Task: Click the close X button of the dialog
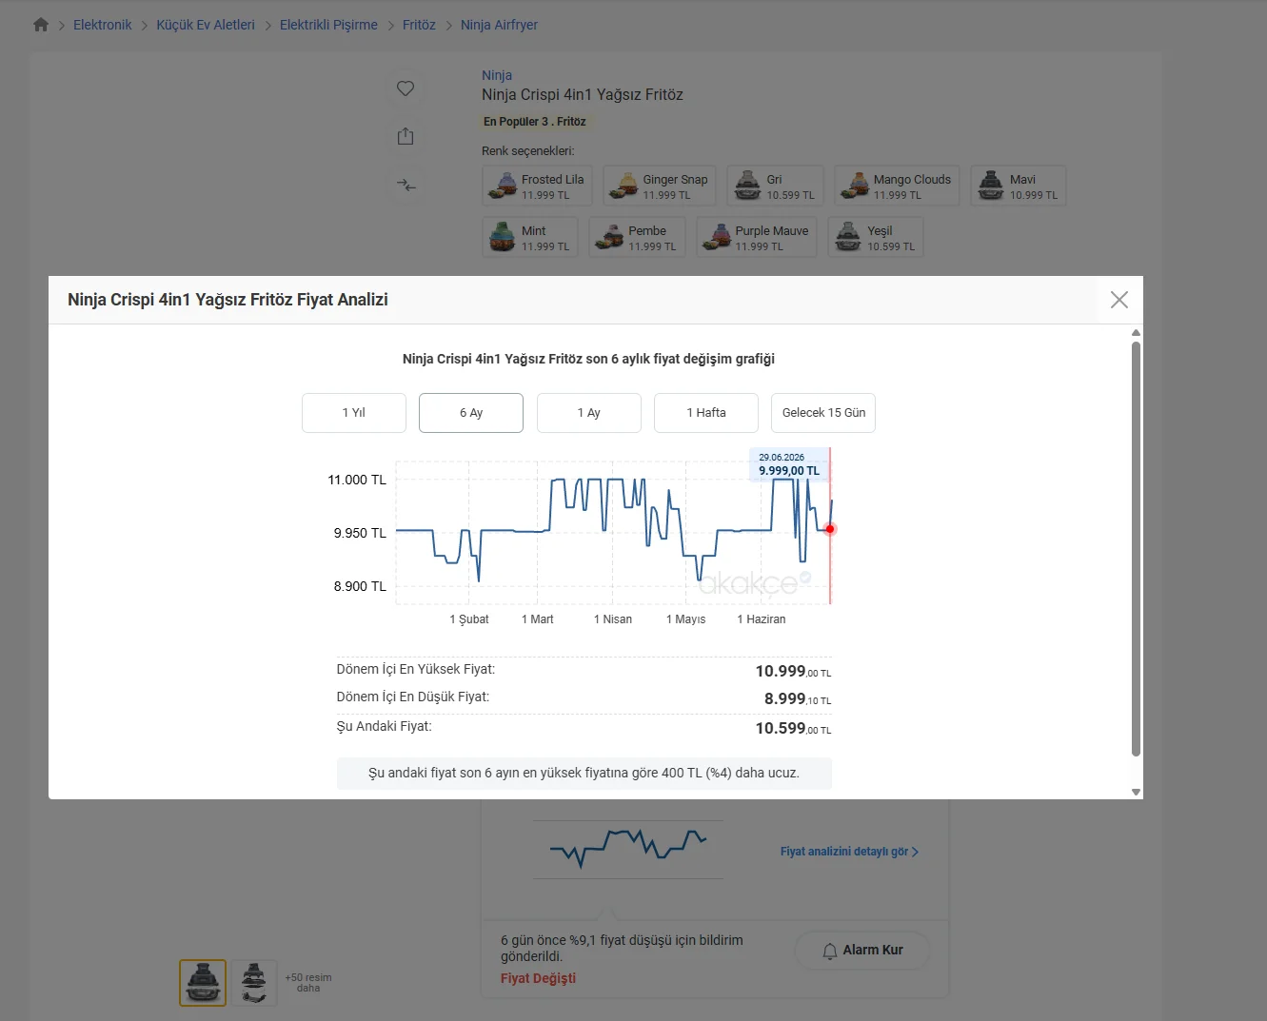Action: point(1119,300)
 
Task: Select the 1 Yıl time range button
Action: point(354,413)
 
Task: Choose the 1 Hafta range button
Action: point(706,413)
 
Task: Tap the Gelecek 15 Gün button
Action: point(823,413)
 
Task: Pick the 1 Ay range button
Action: point(588,413)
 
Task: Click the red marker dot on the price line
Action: point(829,529)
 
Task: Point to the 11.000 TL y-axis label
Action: point(357,480)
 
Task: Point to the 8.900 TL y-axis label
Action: point(360,586)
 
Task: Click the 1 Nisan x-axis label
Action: point(612,619)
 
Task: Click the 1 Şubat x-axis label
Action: point(468,619)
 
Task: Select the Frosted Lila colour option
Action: point(537,186)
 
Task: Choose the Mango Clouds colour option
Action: point(897,186)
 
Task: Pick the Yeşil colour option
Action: point(876,237)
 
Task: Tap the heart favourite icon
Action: point(406,88)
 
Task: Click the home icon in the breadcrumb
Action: point(41,25)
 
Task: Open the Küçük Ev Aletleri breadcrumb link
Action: point(206,25)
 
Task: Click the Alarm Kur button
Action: point(862,950)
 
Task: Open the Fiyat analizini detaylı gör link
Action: point(849,852)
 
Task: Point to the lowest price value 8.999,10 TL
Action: point(797,699)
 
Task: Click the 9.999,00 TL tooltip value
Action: point(788,471)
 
